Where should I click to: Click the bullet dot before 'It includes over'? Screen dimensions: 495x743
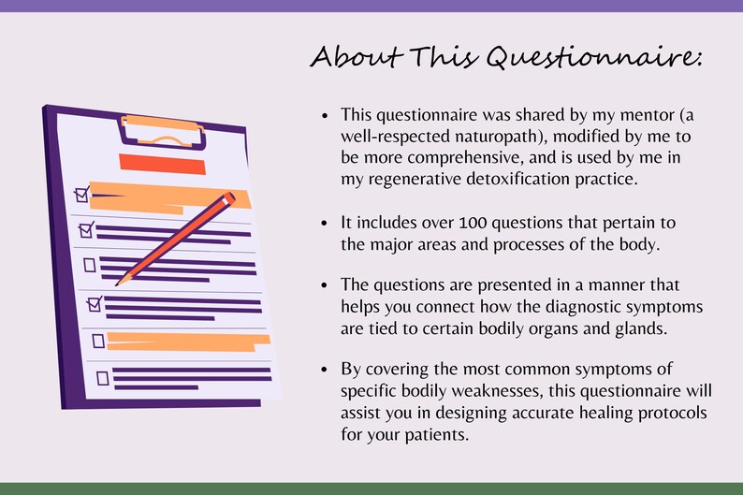click(x=325, y=224)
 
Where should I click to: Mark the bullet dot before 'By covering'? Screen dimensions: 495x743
click(x=325, y=369)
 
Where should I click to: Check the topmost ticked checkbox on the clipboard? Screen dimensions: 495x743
click(x=81, y=195)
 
